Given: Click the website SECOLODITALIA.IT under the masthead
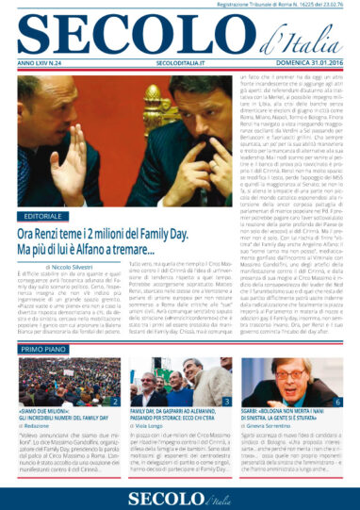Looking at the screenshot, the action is point(177,66).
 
